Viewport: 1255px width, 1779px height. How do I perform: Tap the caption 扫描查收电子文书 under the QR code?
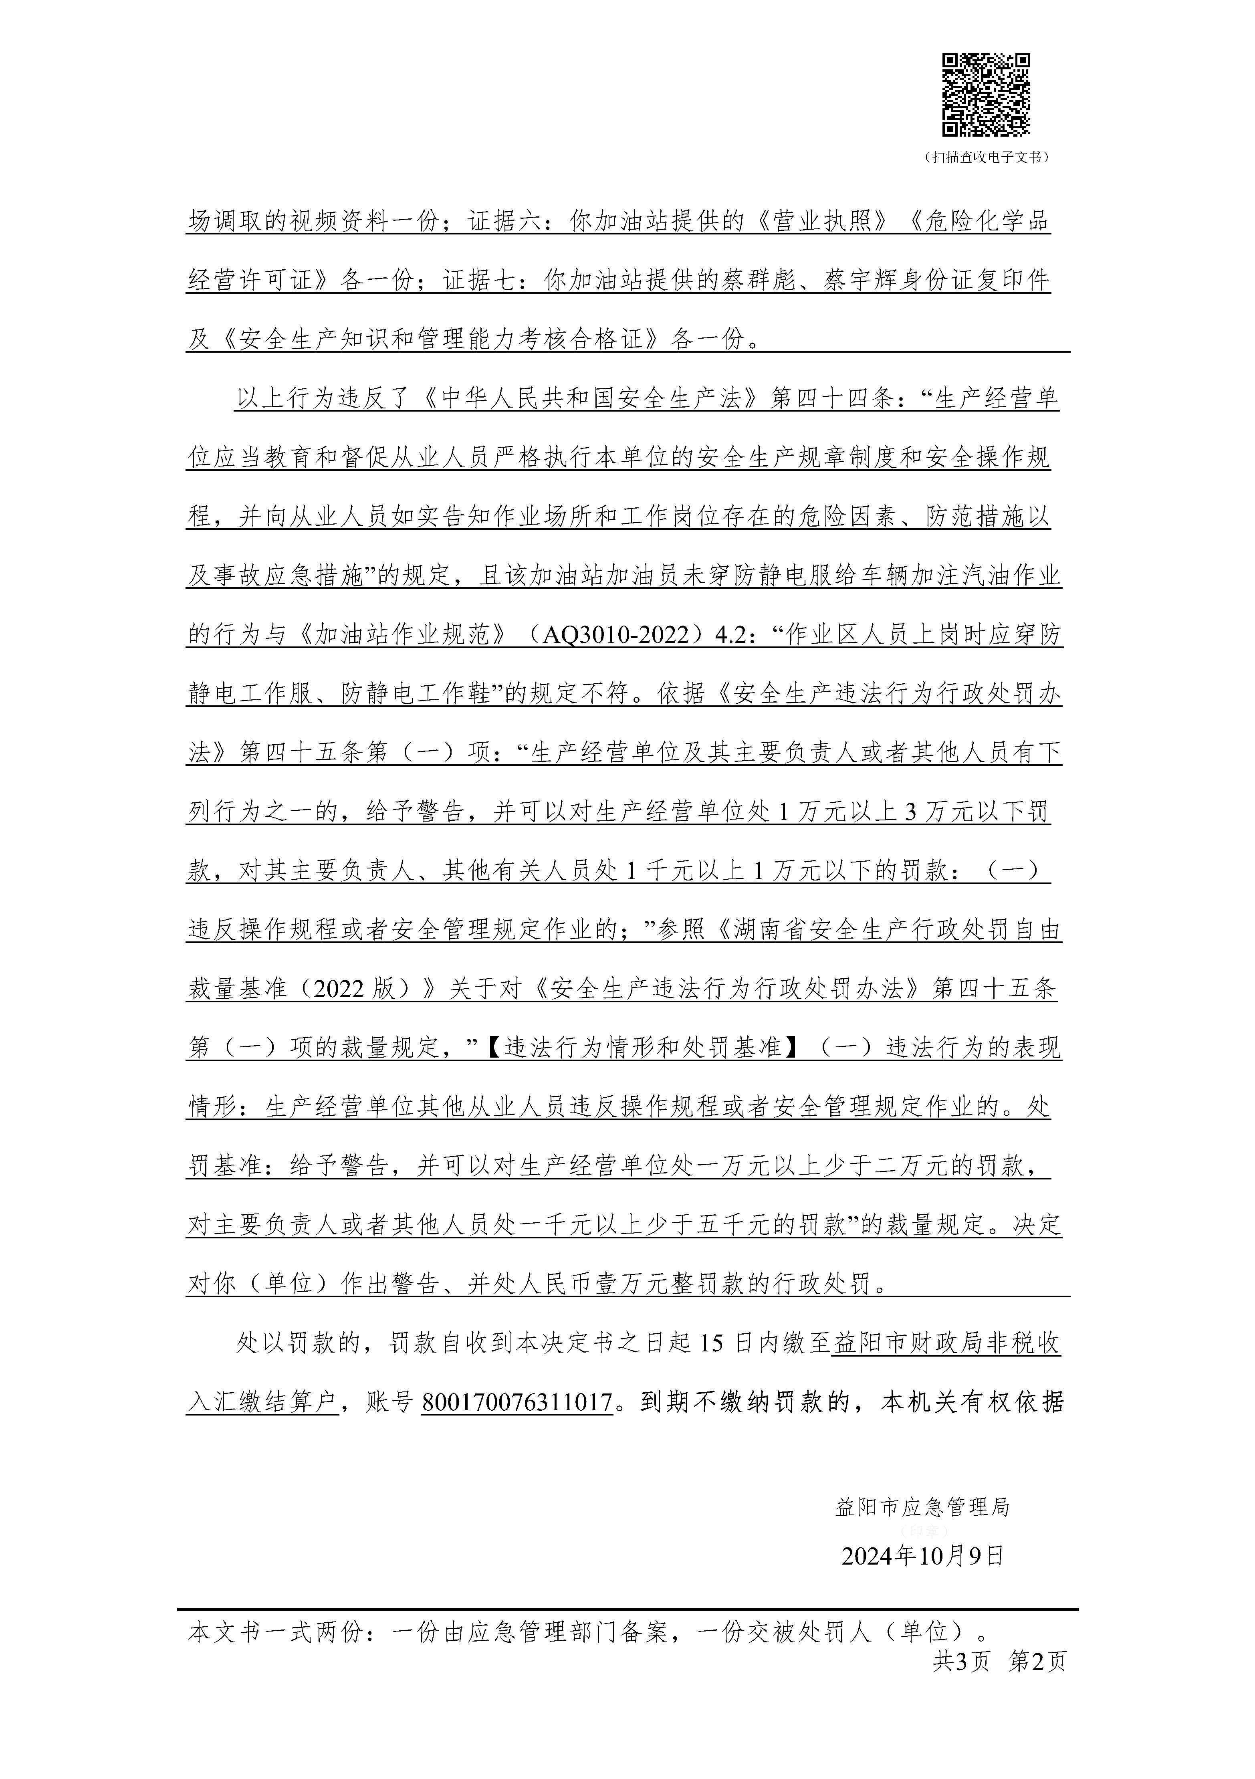(986, 157)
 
